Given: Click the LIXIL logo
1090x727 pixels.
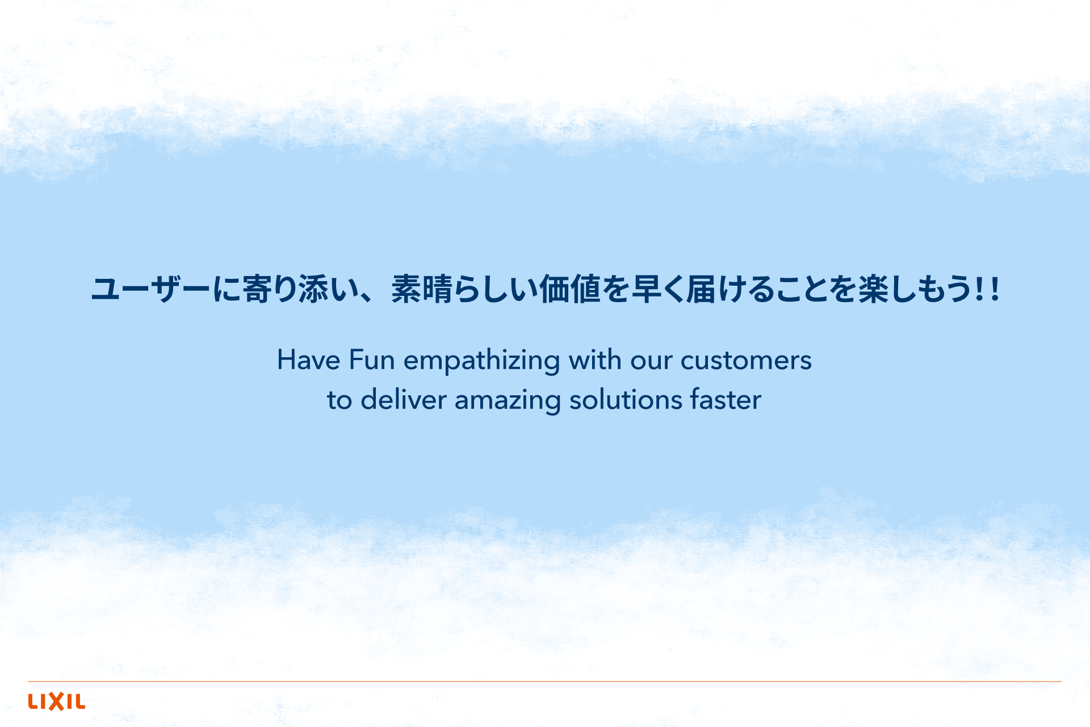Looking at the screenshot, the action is (x=57, y=701).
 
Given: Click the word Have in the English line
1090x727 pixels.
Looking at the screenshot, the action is (x=308, y=360).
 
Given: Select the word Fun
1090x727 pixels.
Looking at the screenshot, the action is (x=372, y=360).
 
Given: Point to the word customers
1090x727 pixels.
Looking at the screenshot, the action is (x=746, y=361).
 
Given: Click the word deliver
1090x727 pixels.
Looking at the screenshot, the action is (x=404, y=399).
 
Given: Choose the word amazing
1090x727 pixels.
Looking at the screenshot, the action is (x=508, y=402).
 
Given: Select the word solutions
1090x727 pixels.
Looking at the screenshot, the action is (x=626, y=399).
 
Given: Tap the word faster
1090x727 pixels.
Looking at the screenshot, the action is (x=726, y=399).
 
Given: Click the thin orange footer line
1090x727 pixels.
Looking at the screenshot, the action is (x=545, y=681).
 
